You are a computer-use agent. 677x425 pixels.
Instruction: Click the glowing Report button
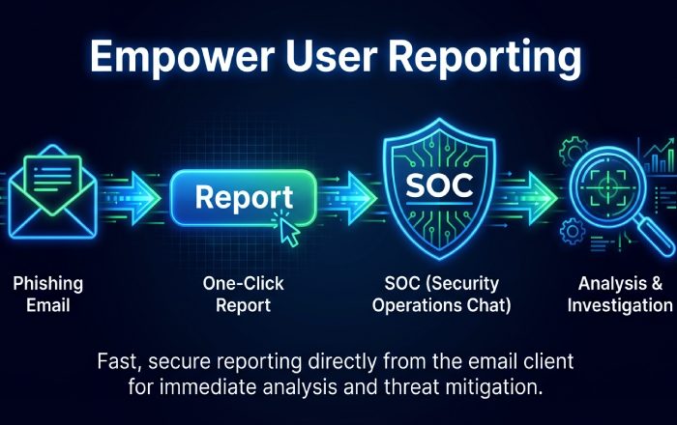click(x=243, y=197)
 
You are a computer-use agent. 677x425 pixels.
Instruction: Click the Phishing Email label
click(x=47, y=295)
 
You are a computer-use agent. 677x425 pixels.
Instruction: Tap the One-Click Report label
click(x=243, y=295)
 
